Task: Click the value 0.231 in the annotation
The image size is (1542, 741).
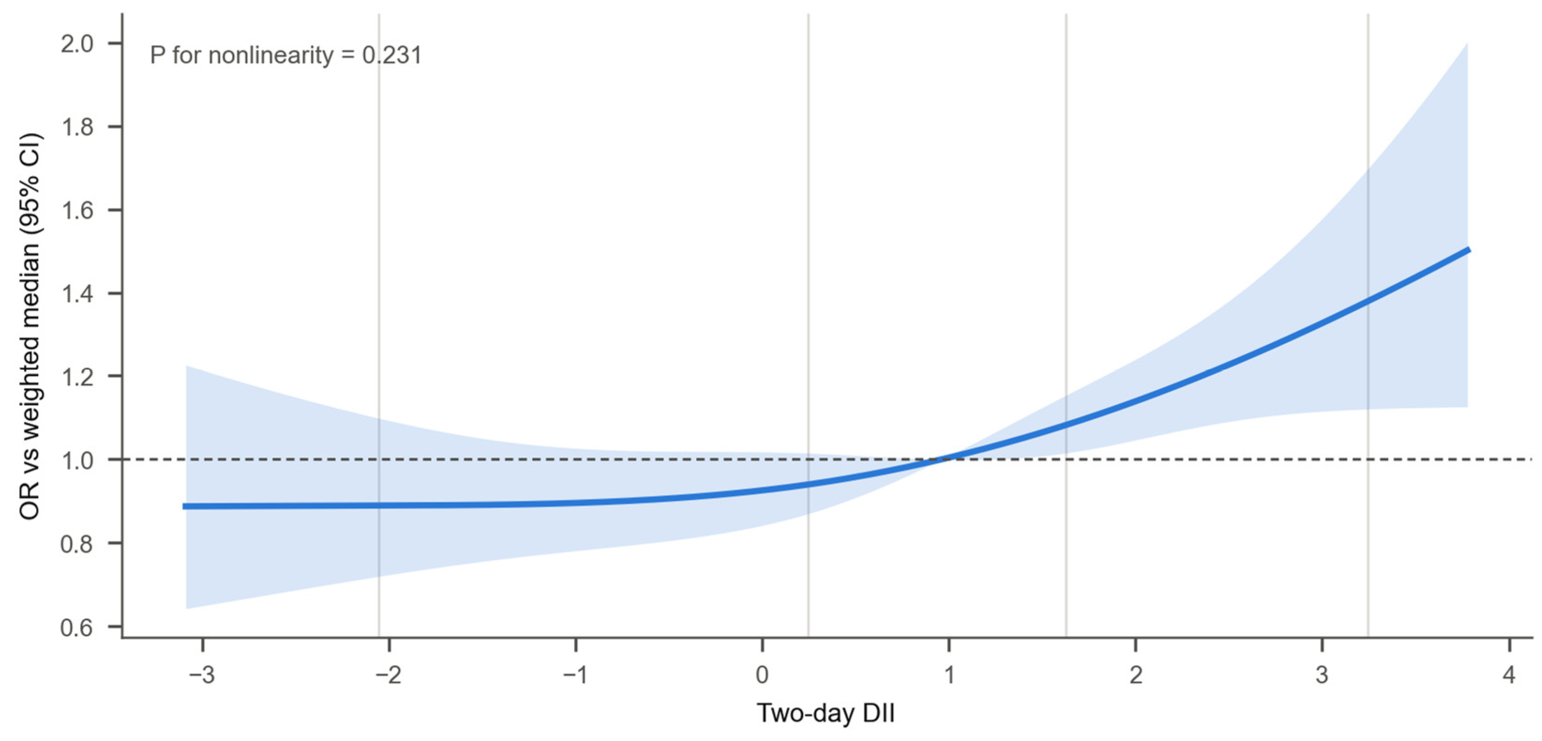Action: pyautogui.click(x=392, y=55)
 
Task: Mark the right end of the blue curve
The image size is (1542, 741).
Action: pyautogui.click(x=1469, y=250)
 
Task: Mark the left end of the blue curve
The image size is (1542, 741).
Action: pyautogui.click(x=184, y=506)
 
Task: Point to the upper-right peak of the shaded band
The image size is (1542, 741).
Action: pyautogui.click(x=1467, y=44)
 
